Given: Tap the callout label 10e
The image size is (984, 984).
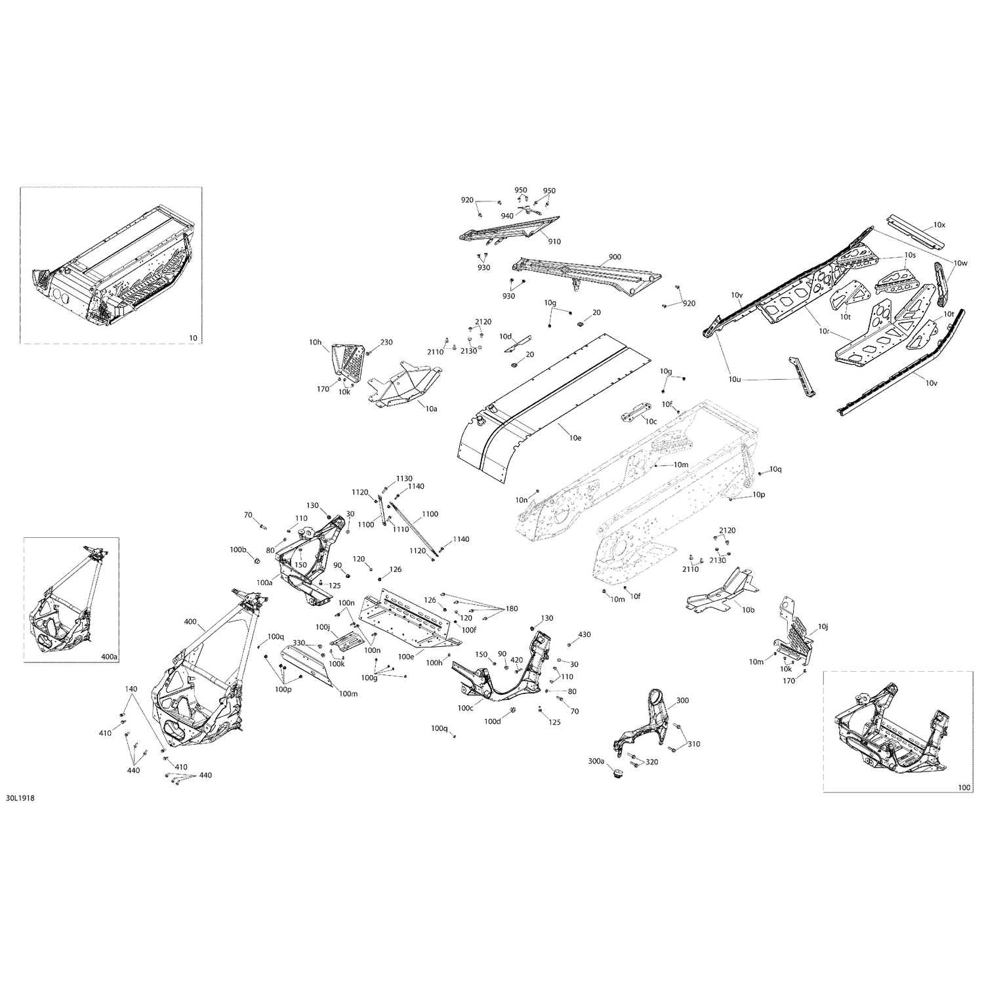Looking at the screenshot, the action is coord(575,438).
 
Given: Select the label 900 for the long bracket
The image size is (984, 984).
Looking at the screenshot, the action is coord(615,256).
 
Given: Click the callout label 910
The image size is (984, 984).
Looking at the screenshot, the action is coord(554,241).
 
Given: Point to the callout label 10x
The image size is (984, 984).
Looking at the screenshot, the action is coord(940,225).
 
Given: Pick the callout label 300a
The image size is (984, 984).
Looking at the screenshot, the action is coord(596,762).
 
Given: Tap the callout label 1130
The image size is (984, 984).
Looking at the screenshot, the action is coord(404,478).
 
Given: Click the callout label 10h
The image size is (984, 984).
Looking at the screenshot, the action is coord(316,342).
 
